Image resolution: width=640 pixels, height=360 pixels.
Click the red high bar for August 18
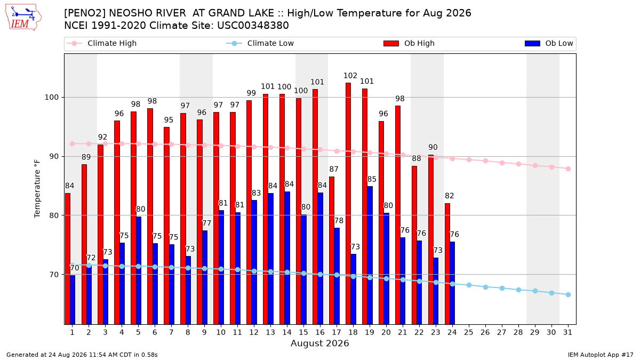click(348, 204)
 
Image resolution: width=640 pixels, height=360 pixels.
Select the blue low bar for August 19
click(370, 255)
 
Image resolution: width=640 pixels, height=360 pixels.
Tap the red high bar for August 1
click(67, 259)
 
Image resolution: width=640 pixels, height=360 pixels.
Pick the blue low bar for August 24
click(452, 283)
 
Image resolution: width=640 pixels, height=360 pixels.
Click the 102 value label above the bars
click(350, 76)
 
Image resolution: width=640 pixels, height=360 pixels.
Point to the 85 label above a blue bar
click(372, 179)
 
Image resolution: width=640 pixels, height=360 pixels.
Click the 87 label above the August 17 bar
click(334, 169)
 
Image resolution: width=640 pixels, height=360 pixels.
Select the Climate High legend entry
click(102, 43)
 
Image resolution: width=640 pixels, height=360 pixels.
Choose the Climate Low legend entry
click(260, 43)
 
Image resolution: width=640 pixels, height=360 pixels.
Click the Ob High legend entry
click(409, 43)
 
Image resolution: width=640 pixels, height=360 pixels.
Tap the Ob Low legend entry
click(549, 43)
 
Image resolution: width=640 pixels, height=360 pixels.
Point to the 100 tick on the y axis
click(51, 98)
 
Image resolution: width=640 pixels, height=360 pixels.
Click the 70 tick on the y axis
click(54, 275)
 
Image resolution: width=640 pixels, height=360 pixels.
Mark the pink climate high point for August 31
click(569, 169)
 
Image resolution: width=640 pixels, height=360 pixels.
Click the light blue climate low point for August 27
click(502, 289)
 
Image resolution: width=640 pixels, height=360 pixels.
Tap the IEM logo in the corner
click(23, 18)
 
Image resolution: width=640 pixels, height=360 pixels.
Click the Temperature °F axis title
click(37, 189)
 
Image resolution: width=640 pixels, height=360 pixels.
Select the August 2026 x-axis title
click(319, 343)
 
